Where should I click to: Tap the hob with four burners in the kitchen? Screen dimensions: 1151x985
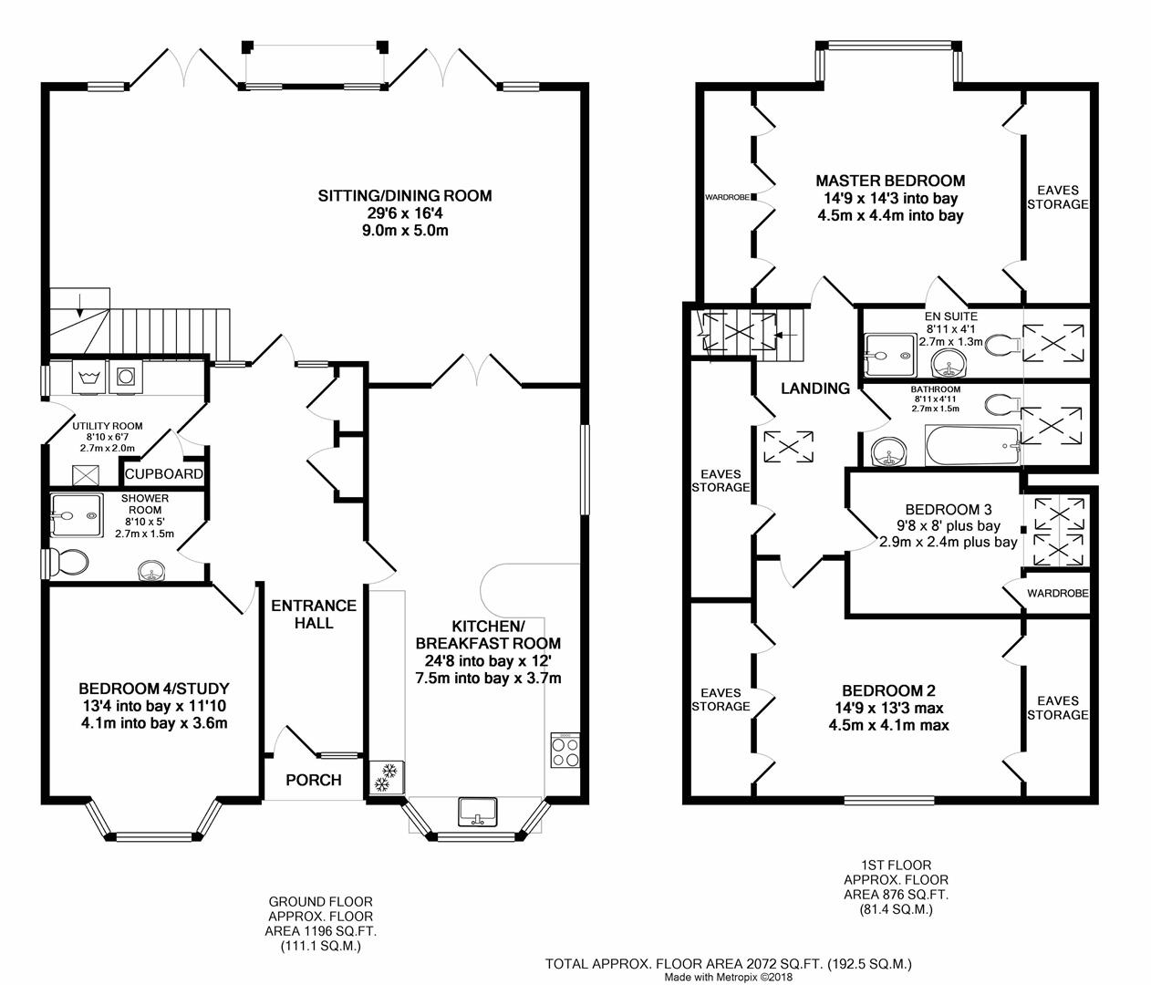click(565, 751)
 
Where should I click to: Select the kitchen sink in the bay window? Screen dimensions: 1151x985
click(478, 812)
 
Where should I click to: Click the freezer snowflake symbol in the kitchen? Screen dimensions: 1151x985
click(387, 778)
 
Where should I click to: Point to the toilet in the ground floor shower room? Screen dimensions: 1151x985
click(66, 563)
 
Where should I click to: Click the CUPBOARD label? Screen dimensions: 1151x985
click(164, 474)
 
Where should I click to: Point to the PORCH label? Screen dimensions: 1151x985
click(314, 780)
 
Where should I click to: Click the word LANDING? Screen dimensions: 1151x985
click(815, 389)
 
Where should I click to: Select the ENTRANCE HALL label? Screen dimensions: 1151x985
click(314, 614)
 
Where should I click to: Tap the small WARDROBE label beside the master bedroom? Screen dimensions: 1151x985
click(727, 197)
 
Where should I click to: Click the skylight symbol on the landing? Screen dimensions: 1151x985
click(789, 446)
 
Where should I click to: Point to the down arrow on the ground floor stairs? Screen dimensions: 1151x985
click(80, 305)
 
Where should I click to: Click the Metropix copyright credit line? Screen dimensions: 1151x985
click(729, 977)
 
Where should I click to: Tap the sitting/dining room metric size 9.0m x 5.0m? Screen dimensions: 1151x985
click(405, 230)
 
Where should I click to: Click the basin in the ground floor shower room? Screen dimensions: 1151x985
click(151, 571)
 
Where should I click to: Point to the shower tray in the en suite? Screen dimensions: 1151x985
click(890, 355)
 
